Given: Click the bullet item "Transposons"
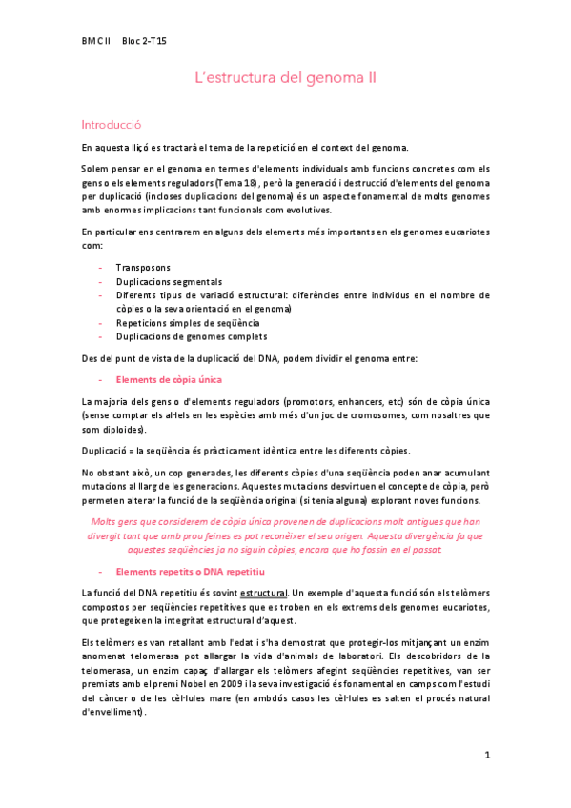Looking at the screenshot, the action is pyautogui.click(x=143, y=268).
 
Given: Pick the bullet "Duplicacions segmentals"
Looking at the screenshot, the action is pyautogui.click(x=169, y=282).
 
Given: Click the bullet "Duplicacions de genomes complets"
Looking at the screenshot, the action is pyautogui.click(x=192, y=336).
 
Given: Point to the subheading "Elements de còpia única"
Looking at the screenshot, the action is pyautogui.click(x=168, y=379).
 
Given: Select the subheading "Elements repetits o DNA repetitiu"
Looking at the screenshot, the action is pyautogui.click(x=189, y=571).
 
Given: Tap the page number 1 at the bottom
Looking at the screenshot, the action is pyautogui.click(x=486, y=756).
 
